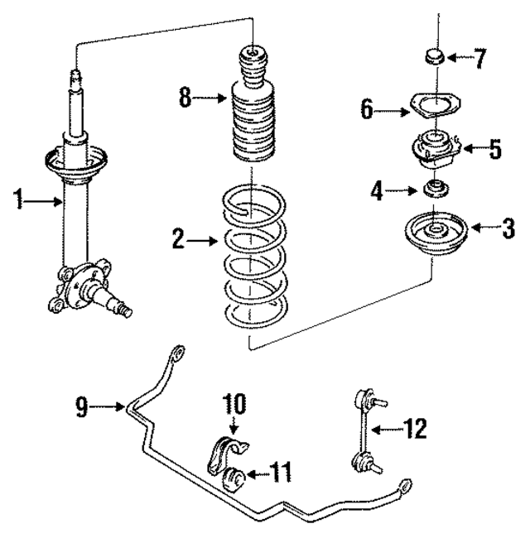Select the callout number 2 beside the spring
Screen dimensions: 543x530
coord(177,241)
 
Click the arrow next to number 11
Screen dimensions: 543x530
coord(259,474)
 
